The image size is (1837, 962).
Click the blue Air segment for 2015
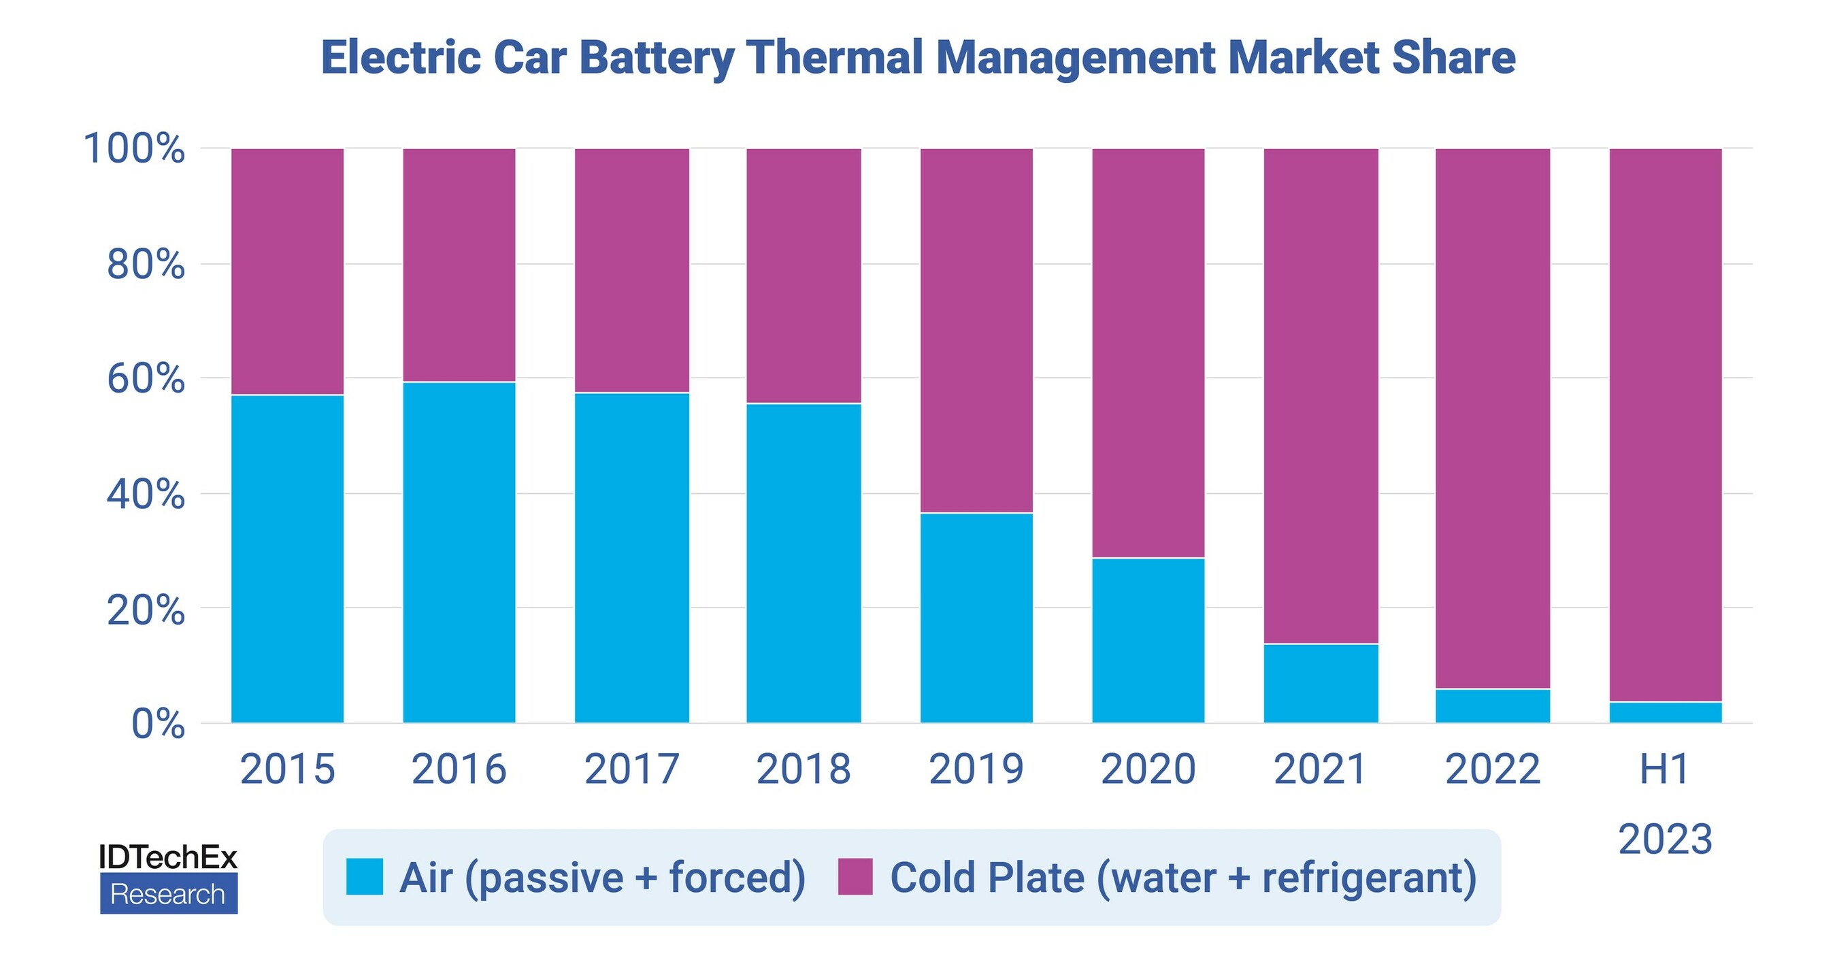click(287, 559)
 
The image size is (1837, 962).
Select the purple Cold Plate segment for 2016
click(459, 265)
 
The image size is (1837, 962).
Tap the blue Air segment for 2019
click(976, 618)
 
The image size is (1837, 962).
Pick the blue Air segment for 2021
click(1321, 683)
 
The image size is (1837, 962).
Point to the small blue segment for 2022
click(1493, 706)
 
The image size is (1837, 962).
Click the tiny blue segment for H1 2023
click(1665, 712)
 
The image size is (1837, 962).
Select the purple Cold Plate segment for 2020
click(1148, 353)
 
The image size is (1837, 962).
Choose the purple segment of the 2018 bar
click(804, 276)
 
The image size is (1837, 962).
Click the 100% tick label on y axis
click(134, 149)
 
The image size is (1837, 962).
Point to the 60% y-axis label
click(146, 379)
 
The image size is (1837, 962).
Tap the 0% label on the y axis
click(158, 724)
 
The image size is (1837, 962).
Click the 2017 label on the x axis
click(632, 769)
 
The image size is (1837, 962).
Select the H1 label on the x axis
click(1665, 769)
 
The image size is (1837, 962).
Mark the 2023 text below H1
click(1665, 840)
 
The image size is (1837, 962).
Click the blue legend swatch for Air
click(365, 876)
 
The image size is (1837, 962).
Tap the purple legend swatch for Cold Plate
click(855, 876)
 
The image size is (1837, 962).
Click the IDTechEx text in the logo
click(167, 857)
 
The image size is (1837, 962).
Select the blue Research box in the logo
click(168, 894)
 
